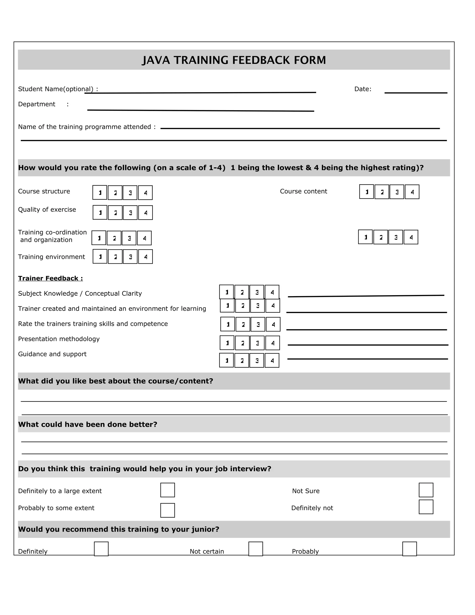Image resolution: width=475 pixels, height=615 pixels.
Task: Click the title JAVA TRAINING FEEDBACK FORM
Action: click(234, 60)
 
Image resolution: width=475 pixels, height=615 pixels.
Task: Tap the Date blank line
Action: click(415, 92)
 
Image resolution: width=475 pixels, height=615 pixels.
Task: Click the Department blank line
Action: click(200, 110)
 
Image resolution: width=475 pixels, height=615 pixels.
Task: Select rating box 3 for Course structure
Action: click(130, 193)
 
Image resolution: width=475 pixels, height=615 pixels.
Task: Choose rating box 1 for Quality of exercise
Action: click(100, 213)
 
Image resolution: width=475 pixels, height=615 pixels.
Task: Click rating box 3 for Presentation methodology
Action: click(257, 343)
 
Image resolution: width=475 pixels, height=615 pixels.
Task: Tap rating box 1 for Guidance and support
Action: click(227, 360)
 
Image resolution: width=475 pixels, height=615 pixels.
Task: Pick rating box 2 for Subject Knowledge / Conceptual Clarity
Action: click(242, 292)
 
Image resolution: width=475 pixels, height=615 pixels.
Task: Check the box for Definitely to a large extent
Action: click(167, 490)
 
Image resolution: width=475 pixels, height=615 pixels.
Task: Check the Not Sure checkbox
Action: click(426, 490)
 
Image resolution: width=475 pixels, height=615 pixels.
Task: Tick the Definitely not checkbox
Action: click(426, 507)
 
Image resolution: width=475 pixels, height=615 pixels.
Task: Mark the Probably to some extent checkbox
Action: click(167, 510)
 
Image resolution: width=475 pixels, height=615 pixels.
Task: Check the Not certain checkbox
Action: click(256, 549)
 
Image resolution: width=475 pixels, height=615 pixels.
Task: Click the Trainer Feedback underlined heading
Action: click(50, 278)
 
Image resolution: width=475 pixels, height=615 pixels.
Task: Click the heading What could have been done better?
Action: click(87, 424)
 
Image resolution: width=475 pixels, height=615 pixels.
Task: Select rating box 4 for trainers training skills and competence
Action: click(273, 324)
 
